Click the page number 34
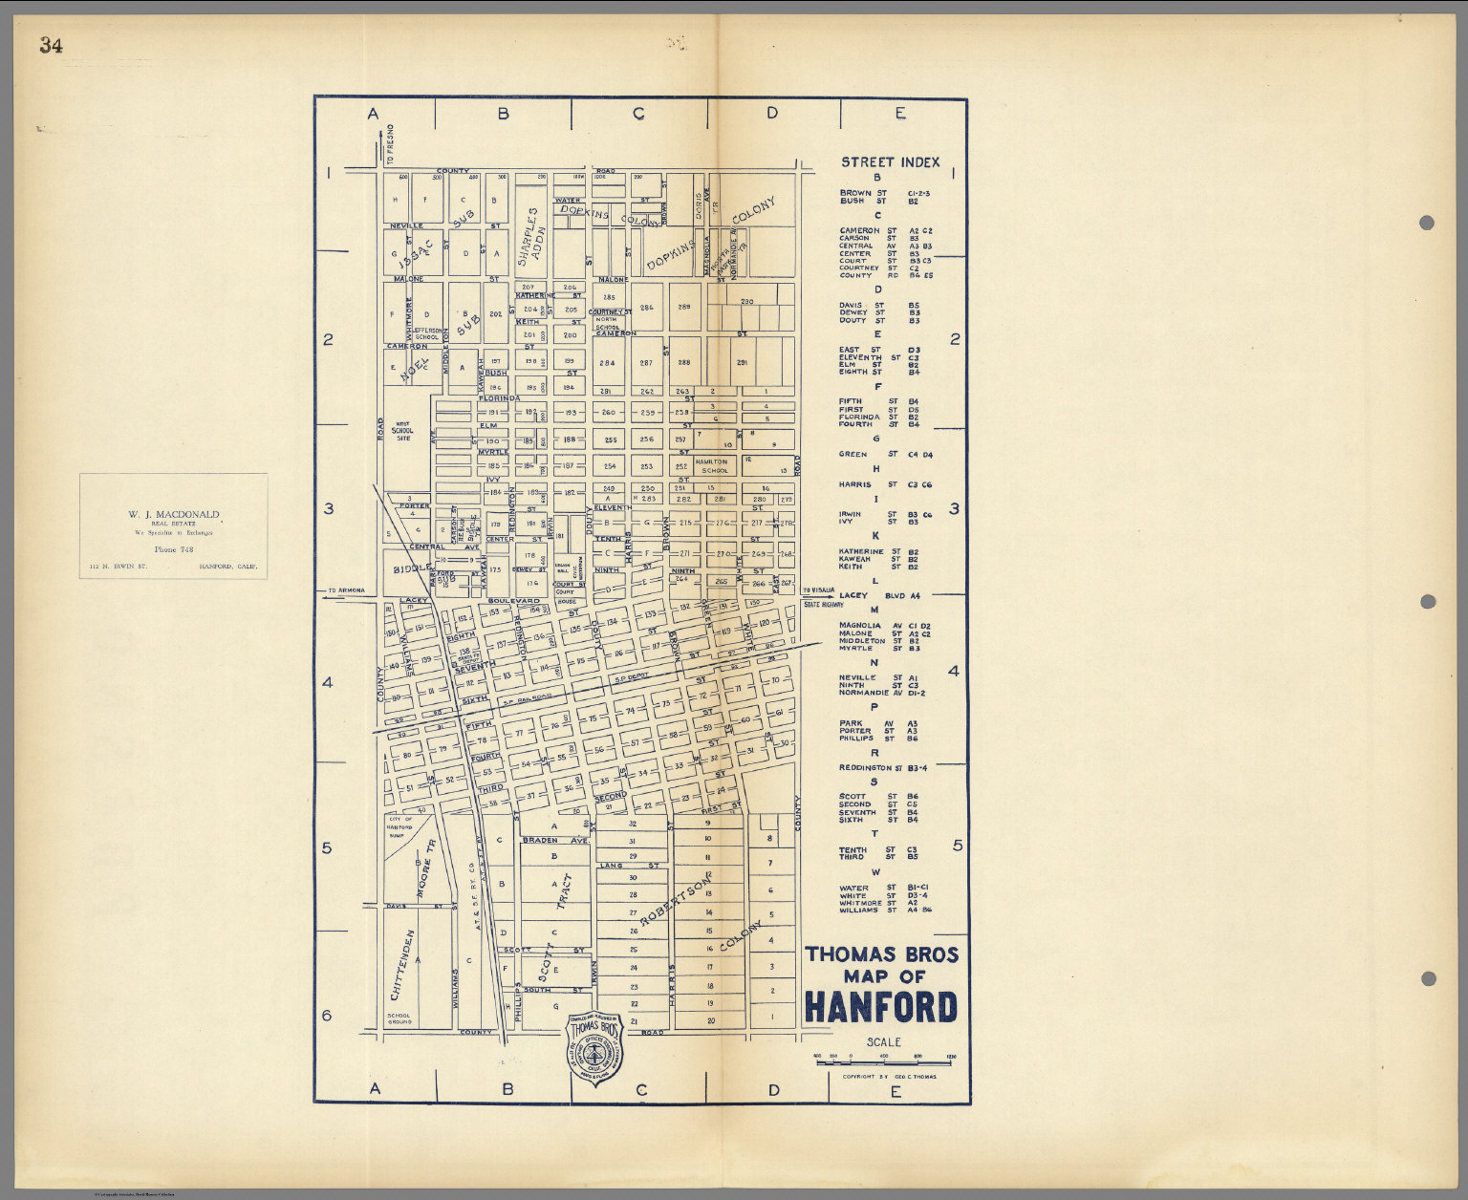click(51, 45)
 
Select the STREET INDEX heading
click(890, 162)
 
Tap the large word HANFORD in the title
click(880, 1007)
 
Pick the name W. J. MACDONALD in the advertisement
click(174, 514)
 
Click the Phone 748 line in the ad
click(173, 550)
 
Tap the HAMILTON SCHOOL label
click(714, 465)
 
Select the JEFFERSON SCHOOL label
click(427, 333)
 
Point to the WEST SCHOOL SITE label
click(403, 432)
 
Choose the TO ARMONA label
click(346, 590)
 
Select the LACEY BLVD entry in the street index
click(879, 595)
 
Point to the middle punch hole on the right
click(1427, 601)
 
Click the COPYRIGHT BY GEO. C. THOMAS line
click(889, 1076)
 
